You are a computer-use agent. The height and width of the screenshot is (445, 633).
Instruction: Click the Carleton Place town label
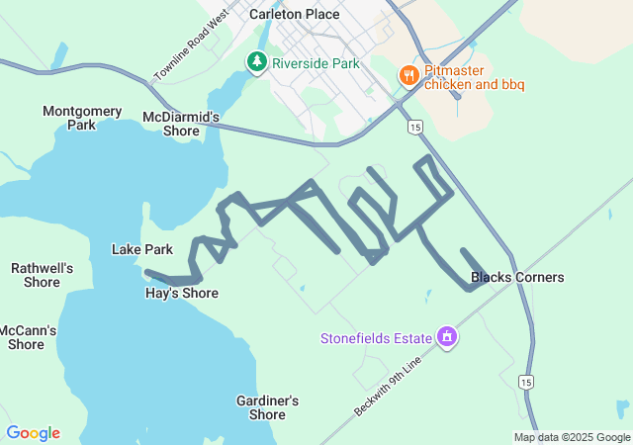coord(294,14)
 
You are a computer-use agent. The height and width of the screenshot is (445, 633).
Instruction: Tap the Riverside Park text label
coord(316,63)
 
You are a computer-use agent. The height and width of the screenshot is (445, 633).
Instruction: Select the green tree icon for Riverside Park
coord(257,62)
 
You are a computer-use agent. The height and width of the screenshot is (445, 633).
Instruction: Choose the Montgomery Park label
coord(82,118)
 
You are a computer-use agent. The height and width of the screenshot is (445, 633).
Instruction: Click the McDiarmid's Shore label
coord(181,124)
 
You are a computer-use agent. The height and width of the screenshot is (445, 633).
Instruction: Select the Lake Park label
coord(142,249)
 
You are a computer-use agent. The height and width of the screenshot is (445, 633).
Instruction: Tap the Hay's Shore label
coord(182,293)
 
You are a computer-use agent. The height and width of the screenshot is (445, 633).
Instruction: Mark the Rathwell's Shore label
coord(42,275)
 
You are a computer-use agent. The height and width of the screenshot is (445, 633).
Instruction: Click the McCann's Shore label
coord(27,337)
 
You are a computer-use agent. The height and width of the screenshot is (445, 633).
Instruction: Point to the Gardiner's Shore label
coord(267,407)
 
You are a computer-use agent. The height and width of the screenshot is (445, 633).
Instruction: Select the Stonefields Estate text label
coord(376,338)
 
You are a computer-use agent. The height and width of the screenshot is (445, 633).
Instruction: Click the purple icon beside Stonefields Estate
coord(447,337)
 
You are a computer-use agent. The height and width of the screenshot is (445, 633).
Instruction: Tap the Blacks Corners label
coord(517,277)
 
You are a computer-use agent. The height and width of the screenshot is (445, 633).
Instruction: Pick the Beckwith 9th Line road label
coord(388,386)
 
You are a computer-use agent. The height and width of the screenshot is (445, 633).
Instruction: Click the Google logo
coord(33,433)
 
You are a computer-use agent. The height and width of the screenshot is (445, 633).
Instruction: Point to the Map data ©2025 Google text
coord(571,437)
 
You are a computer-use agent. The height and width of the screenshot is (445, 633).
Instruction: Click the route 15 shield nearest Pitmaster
coord(414,127)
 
